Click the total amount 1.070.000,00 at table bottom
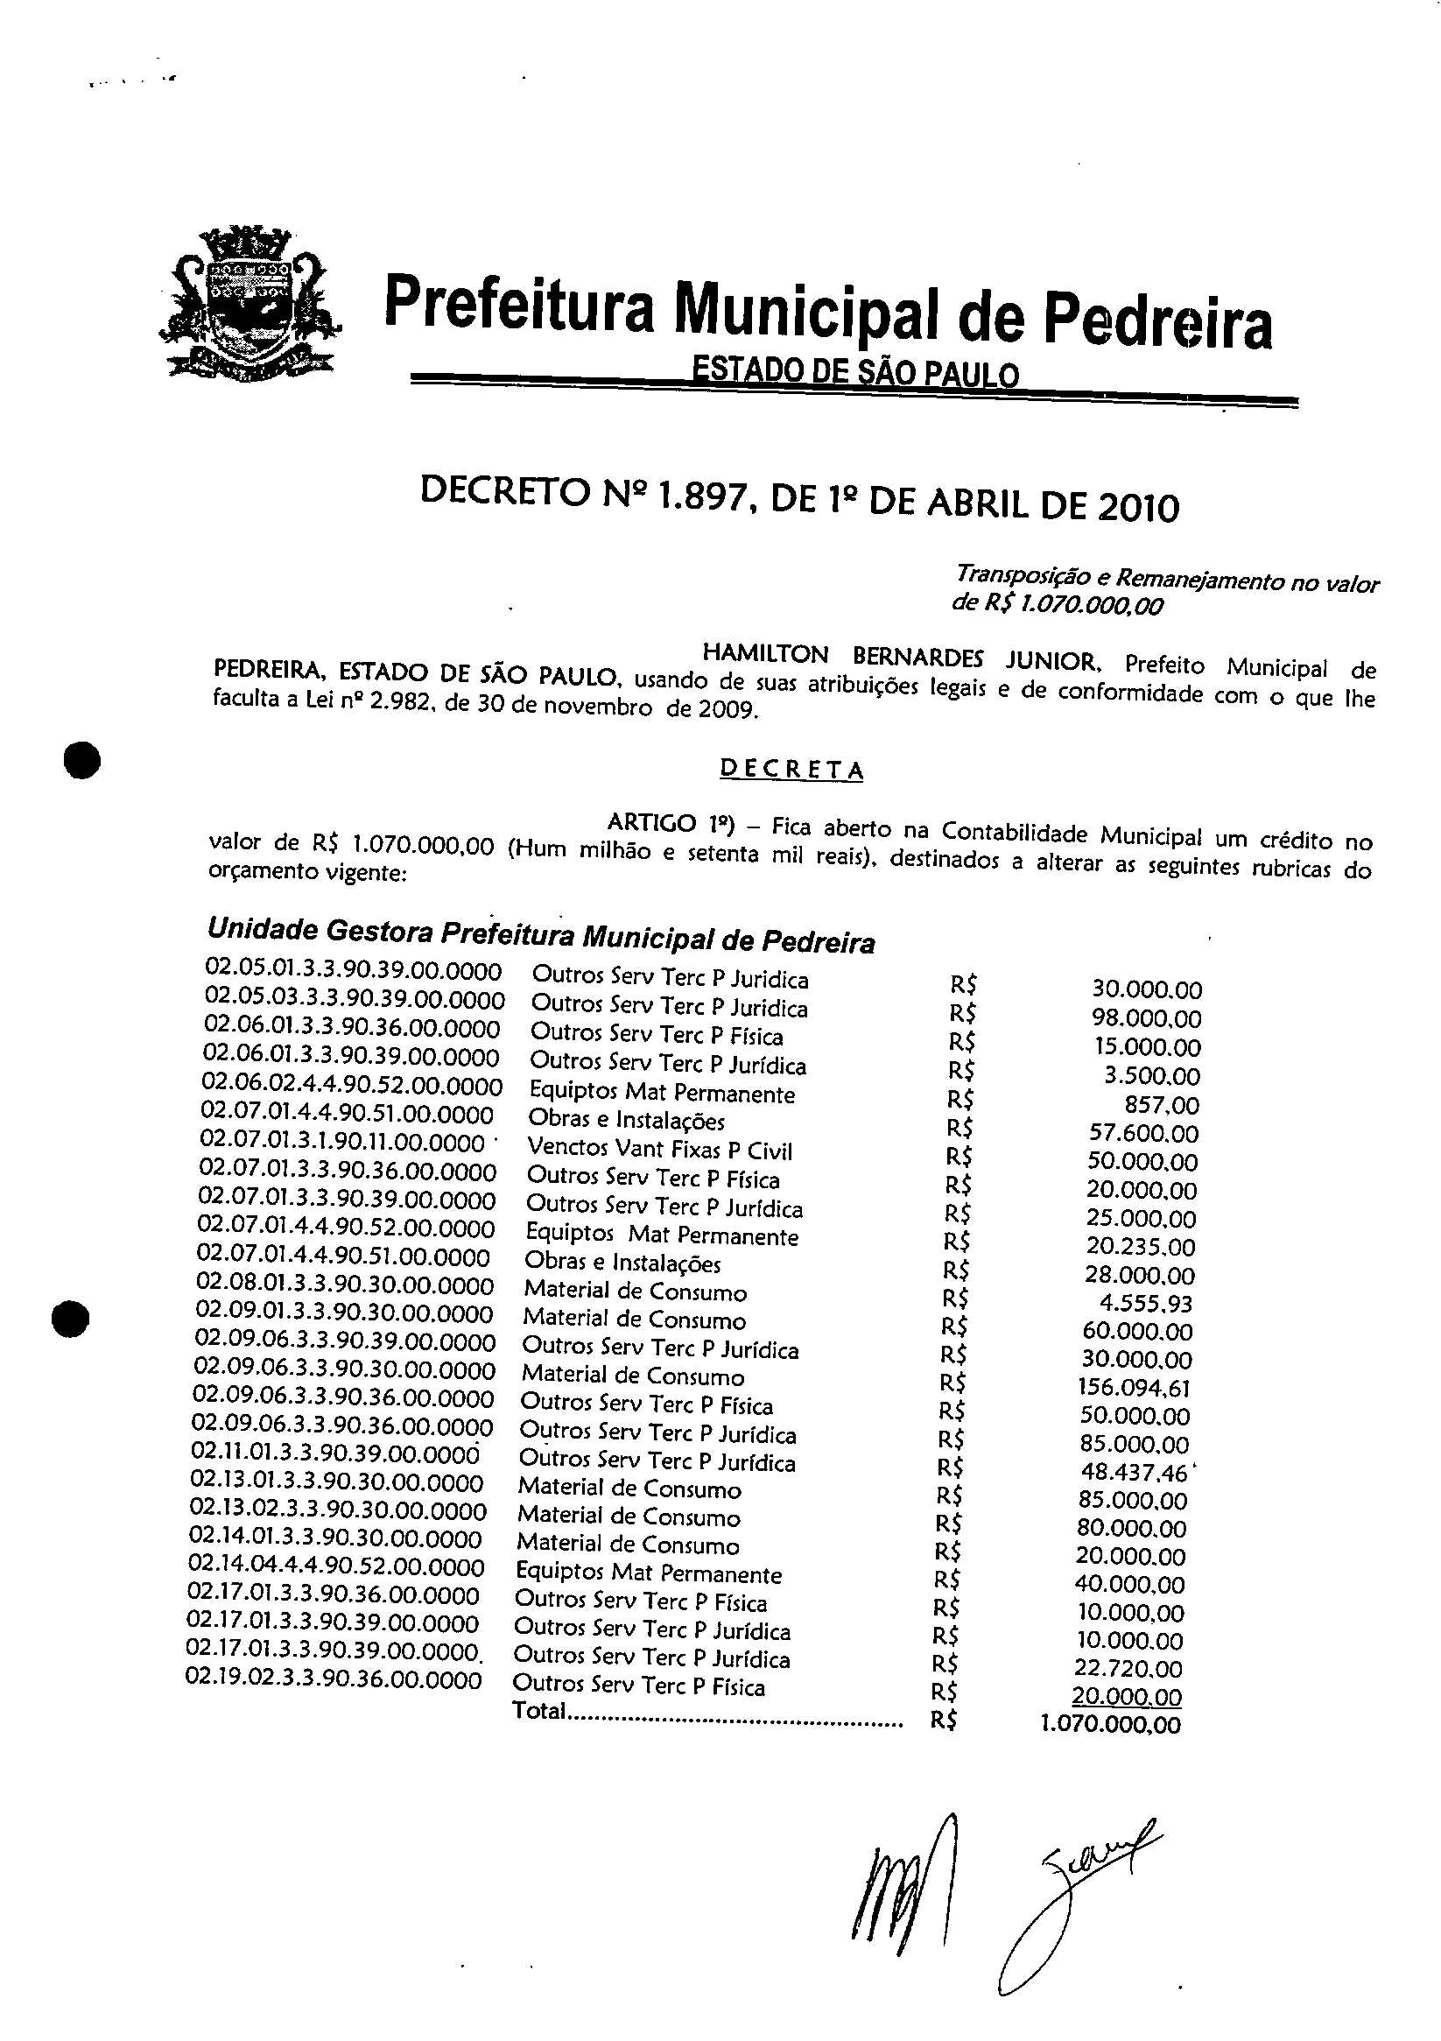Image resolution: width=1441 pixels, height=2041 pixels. pyautogui.click(x=1110, y=1726)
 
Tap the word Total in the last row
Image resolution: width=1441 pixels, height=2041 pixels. pyautogui.click(x=538, y=1710)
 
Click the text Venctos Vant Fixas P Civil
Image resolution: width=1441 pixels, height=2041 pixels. pyautogui.click(x=658, y=1151)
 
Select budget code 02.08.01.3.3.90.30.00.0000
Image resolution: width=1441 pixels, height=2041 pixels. pyautogui.click(x=345, y=1285)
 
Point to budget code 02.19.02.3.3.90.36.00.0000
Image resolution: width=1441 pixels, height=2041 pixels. pyautogui.click(x=334, y=1680)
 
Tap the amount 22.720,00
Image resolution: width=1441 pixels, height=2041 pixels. pyautogui.click(x=1129, y=1669)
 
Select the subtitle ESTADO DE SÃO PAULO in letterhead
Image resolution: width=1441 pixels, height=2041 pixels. pyautogui.click(x=856, y=373)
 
